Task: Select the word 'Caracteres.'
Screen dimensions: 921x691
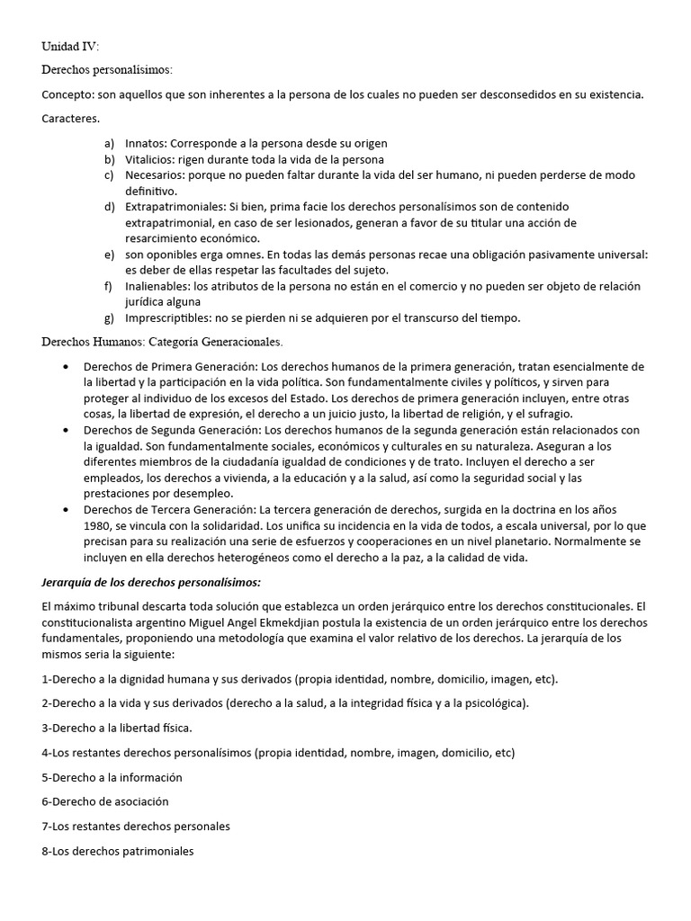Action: click(x=71, y=119)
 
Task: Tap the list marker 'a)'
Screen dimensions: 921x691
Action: click(x=109, y=143)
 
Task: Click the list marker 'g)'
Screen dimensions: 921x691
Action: click(x=109, y=317)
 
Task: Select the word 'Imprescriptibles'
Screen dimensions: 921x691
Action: click(x=168, y=317)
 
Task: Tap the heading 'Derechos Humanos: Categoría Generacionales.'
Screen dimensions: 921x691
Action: click(x=162, y=342)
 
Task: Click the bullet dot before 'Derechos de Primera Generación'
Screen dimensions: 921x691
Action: click(x=67, y=367)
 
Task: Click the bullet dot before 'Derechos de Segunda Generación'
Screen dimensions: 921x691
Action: click(x=67, y=431)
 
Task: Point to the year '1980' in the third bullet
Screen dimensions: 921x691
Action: click(x=98, y=526)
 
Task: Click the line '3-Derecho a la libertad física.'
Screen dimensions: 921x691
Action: click(x=117, y=728)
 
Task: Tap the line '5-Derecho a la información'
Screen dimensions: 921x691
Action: click(x=112, y=777)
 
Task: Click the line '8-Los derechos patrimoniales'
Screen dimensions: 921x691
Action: click(x=118, y=851)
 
